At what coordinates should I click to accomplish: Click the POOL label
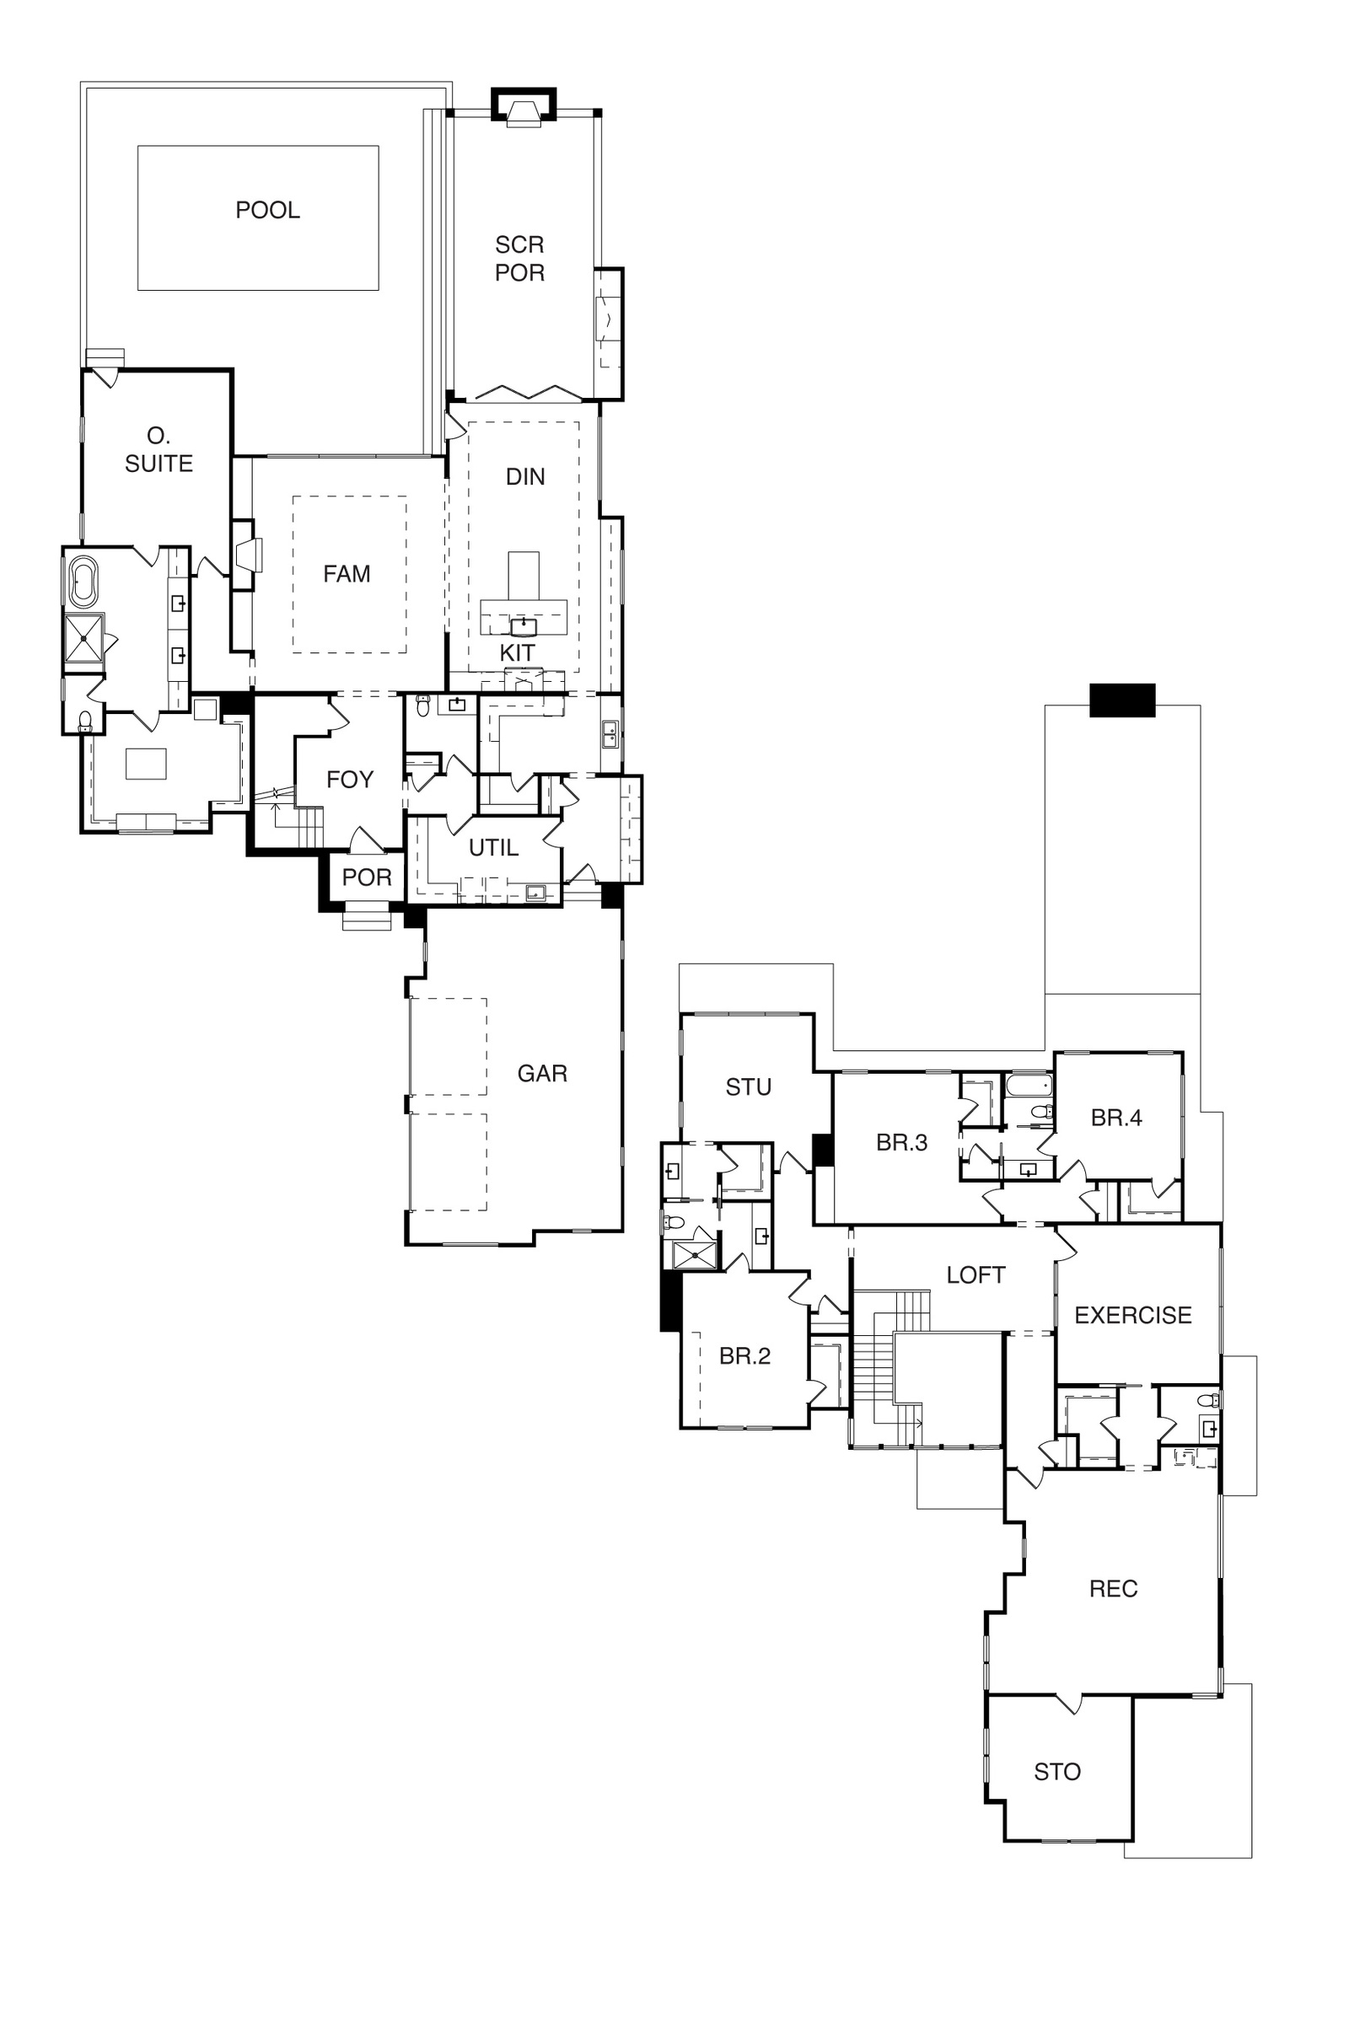tap(267, 210)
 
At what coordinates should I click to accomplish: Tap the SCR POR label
tap(519, 258)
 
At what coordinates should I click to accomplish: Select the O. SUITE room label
tap(159, 450)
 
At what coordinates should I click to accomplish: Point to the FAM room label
tap(347, 574)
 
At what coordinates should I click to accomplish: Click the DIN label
tap(525, 476)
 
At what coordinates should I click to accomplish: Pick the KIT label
tap(517, 652)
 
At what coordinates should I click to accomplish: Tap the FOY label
tap(350, 779)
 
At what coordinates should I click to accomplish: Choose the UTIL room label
tap(494, 848)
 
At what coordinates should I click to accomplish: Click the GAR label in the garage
tap(542, 1073)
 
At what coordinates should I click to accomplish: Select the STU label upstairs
tap(749, 1087)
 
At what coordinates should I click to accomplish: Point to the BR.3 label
tap(901, 1142)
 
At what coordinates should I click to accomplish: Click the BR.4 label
tap(1116, 1118)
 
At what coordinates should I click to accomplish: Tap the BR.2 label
tap(745, 1355)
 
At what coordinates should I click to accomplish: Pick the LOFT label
tap(975, 1274)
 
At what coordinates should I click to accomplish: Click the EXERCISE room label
tap(1133, 1315)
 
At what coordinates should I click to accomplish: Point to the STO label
tap(1057, 1772)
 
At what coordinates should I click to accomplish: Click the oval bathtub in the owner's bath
tap(83, 582)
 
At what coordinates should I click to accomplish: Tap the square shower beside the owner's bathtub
tap(83, 638)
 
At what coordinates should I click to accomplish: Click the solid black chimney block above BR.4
tap(1122, 700)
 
